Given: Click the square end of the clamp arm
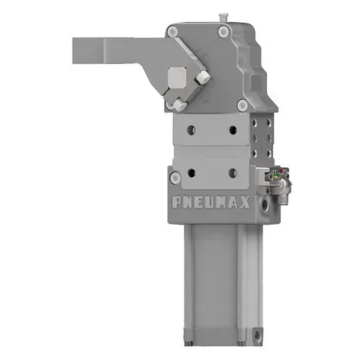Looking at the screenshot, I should [83, 51].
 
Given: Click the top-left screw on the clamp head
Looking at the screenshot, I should [173, 31].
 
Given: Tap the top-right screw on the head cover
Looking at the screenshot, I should [224, 31].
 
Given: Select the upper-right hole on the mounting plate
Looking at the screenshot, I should [234, 129].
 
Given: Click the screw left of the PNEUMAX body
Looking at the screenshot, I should [175, 178].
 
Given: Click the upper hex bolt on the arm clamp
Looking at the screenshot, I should [202, 78].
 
